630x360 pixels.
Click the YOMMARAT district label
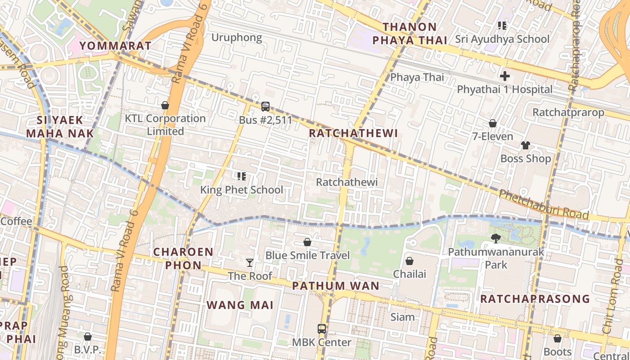point(116,45)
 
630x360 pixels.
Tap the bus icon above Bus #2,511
point(265,107)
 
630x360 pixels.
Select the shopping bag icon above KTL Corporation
point(165,105)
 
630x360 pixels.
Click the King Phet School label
point(242,190)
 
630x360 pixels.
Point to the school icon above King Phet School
point(242,176)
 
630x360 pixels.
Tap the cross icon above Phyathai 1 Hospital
point(505,76)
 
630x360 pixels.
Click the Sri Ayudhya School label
point(502,39)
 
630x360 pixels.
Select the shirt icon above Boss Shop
point(526,145)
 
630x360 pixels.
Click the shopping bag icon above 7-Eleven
point(493,123)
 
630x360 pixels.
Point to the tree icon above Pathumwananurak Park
point(496,238)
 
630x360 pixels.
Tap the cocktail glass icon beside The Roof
point(250,262)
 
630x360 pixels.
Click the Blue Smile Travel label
point(307,256)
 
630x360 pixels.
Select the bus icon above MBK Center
point(322,329)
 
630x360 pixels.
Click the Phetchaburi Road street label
point(544,204)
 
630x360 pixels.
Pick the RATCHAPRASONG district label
point(535,299)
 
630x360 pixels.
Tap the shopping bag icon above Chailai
point(409,261)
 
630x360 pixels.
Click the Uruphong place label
point(237,37)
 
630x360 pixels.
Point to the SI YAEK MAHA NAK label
point(60,126)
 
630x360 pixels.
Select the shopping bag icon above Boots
point(558,338)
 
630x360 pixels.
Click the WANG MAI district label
point(240,305)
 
